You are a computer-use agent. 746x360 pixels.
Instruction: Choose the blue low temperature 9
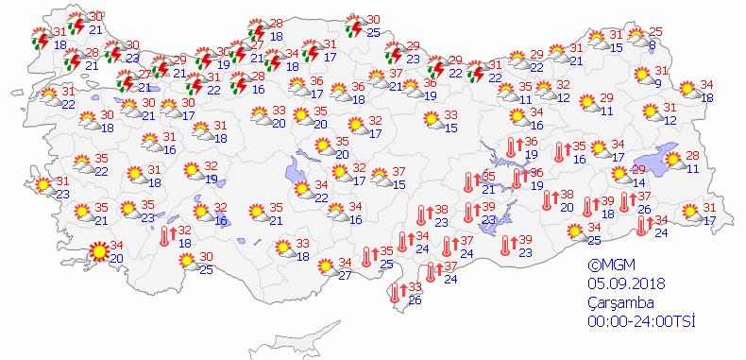pos(658,84)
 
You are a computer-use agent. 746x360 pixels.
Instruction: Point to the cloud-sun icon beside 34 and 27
pos(323,267)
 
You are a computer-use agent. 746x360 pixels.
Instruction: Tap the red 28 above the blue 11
pos(691,156)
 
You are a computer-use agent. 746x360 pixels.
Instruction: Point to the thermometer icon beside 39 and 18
pos(588,207)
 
